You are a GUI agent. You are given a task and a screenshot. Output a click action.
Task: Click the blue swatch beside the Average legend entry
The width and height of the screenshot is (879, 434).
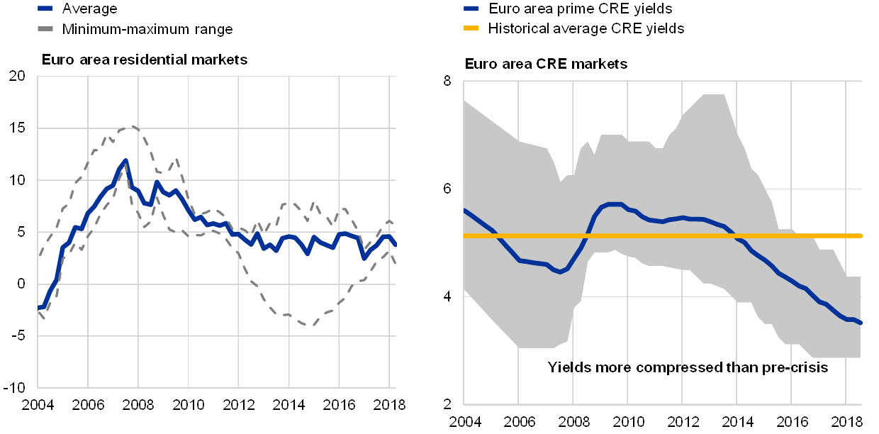click(x=46, y=9)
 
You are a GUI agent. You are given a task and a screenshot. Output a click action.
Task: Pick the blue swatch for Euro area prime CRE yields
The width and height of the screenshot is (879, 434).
click(x=472, y=9)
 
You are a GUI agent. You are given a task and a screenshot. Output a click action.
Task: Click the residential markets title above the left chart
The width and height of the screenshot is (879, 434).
click(x=149, y=60)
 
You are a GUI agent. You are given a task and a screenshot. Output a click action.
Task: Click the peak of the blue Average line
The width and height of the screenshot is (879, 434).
click(x=125, y=161)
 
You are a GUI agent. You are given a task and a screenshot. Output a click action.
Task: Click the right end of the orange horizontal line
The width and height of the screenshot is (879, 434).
click(x=861, y=235)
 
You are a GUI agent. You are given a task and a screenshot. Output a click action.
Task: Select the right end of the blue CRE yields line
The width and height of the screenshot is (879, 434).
click(x=861, y=323)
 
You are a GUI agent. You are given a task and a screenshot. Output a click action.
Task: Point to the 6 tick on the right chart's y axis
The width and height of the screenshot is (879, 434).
click(x=448, y=188)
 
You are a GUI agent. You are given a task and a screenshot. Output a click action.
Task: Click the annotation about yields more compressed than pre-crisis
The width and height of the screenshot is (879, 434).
click(x=688, y=367)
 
